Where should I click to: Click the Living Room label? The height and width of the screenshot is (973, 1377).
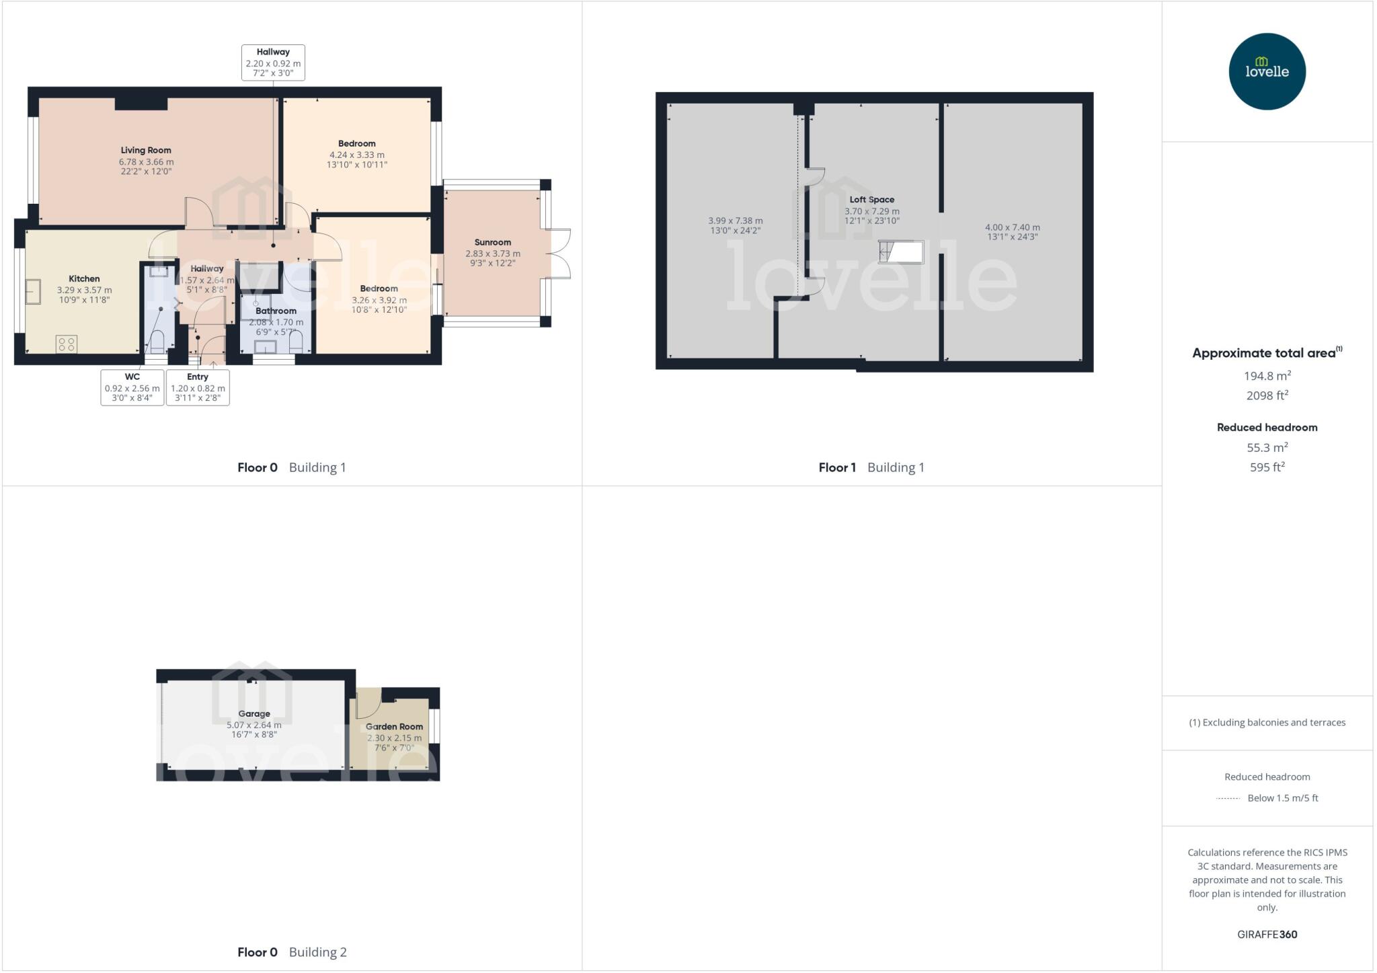(146, 150)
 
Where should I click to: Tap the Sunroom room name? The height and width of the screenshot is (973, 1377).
(492, 242)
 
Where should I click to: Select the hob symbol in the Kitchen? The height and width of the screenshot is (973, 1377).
(67, 344)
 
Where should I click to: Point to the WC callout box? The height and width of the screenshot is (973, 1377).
(132, 387)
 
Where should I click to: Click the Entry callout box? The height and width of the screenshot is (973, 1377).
(198, 387)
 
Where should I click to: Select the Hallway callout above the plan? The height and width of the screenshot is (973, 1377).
(273, 63)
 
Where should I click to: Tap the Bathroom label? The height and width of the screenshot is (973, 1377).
(276, 311)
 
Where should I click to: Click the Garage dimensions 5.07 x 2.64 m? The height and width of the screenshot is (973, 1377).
(253, 725)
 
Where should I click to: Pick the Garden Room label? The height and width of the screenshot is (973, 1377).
(394, 726)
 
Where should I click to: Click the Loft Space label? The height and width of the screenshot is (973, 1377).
(871, 199)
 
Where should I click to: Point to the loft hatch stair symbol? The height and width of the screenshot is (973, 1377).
(901, 252)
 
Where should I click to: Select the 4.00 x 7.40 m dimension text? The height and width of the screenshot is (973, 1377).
(1012, 227)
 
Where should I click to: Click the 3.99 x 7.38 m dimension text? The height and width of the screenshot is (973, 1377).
(735, 221)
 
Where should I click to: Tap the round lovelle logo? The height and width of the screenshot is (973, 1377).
(1267, 71)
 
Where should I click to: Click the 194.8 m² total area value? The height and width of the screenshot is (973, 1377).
(1267, 376)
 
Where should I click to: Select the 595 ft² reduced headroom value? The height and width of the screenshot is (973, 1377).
(1267, 467)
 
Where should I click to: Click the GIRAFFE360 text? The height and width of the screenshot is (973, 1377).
(1267, 934)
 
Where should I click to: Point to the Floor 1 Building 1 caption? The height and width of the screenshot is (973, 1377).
(871, 467)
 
